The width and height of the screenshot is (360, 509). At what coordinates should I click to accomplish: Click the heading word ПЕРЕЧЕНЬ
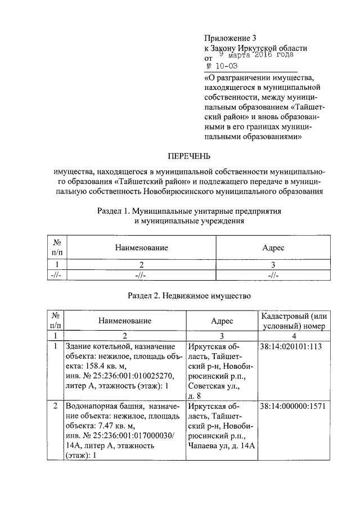[189, 155]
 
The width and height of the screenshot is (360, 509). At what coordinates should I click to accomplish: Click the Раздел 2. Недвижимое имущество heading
[188, 295]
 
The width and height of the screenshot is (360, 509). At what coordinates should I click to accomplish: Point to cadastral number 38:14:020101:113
[291, 346]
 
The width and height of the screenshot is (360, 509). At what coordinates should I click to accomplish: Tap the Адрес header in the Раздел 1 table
[273, 247]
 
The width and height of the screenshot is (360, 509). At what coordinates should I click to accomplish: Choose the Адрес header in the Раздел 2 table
[222, 321]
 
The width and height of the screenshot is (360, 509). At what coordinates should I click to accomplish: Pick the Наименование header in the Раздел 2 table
[125, 321]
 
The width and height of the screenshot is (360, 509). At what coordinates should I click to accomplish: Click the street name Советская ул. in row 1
[215, 387]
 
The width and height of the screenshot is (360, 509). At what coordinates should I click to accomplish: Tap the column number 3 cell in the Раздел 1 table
[273, 263]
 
